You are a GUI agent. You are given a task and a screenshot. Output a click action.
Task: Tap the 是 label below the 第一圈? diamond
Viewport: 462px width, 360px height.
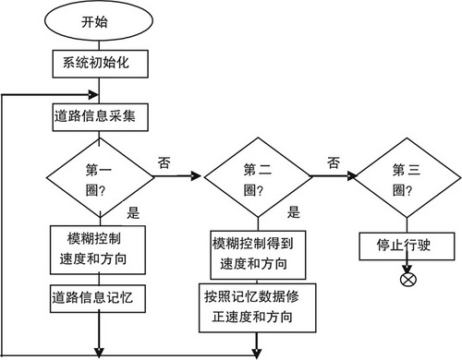(132, 212)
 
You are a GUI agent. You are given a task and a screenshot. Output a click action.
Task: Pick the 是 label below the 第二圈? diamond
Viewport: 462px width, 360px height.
(293, 211)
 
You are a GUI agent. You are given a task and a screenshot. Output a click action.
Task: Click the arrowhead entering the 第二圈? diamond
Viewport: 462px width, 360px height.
(197, 174)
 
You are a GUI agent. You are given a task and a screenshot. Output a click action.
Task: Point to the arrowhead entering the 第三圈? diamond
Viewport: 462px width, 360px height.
(352, 174)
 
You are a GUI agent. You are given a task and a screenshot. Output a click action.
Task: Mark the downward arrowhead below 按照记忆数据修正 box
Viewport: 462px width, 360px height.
(256, 349)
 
